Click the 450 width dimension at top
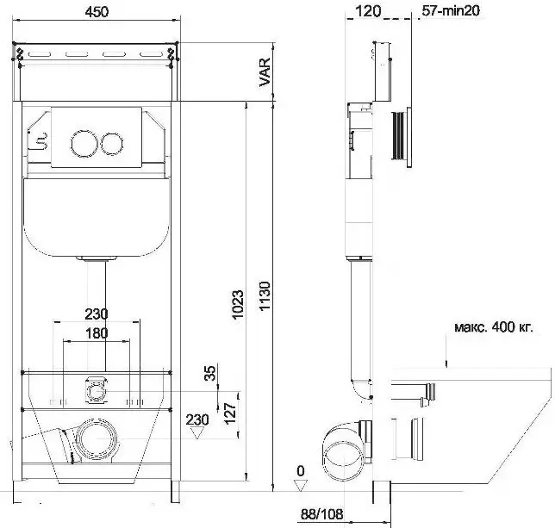(97, 12)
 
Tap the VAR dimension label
(265, 72)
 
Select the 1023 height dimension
(238, 304)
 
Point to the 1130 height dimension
(265, 295)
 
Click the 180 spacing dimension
(97, 333)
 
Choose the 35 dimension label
(210, 373)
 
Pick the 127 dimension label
(230, 413)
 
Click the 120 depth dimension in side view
(368, 11)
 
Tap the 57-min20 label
(451, 10)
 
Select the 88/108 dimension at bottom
(321, 514)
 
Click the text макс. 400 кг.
(494, 327)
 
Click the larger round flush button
(84, 143)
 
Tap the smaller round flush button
(112, 144)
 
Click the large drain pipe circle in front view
(96, 439)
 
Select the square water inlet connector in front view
(96, 390)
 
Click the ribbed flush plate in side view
(401, 137)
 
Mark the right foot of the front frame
(176, 492)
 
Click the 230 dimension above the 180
(97, 314)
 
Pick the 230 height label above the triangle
(197, 419)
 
